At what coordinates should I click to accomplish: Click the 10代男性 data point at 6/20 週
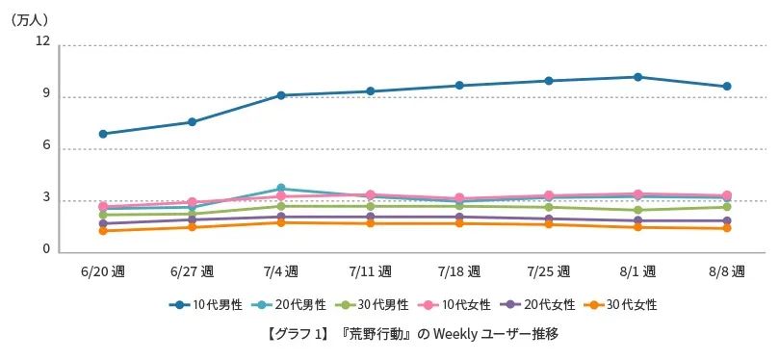pos(103,134)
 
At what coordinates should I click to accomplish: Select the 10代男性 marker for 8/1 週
pos(638,77)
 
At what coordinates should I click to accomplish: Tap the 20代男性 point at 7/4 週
pos(281,189)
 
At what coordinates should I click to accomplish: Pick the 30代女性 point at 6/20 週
pos(103,231)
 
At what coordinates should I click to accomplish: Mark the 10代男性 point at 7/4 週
pos(281,95)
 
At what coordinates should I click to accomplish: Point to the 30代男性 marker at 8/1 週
pos(638,210)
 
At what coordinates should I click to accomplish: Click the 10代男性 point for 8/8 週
pos(727,87)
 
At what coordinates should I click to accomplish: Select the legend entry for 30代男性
pos(370,304)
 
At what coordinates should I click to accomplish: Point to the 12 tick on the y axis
pos(42,41)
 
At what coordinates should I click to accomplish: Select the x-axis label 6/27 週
pos(192,270)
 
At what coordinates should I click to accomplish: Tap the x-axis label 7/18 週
pos(459,270)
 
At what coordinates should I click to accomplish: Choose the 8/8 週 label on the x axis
pos(727,270)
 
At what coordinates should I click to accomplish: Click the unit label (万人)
pos(30,18)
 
